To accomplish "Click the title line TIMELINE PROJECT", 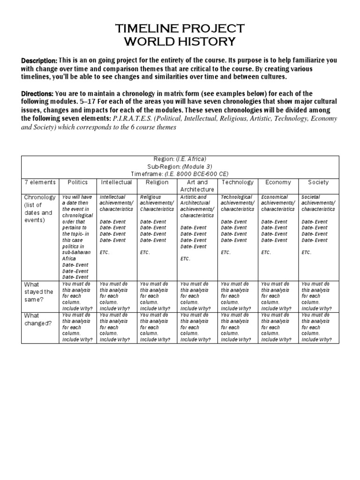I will point(180,29).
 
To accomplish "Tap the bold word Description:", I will point(39,61).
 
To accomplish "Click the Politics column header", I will point(78,182).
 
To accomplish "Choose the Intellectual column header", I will point(116,182).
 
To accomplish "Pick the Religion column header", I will point(157,182).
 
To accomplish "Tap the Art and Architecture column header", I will point(197,186).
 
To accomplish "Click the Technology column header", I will point(237,182).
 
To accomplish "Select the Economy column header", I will point(278,182).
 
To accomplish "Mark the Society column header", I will point(318,182).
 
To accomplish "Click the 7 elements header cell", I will point(40,182).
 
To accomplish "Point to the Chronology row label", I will point(40,209).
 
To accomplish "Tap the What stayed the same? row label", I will point(39,292).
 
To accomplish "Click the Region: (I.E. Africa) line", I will point(180,159).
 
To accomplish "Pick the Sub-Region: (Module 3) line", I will point(180,166).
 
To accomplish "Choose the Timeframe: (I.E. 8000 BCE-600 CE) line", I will point(180,173).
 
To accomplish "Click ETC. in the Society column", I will point(307,252).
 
